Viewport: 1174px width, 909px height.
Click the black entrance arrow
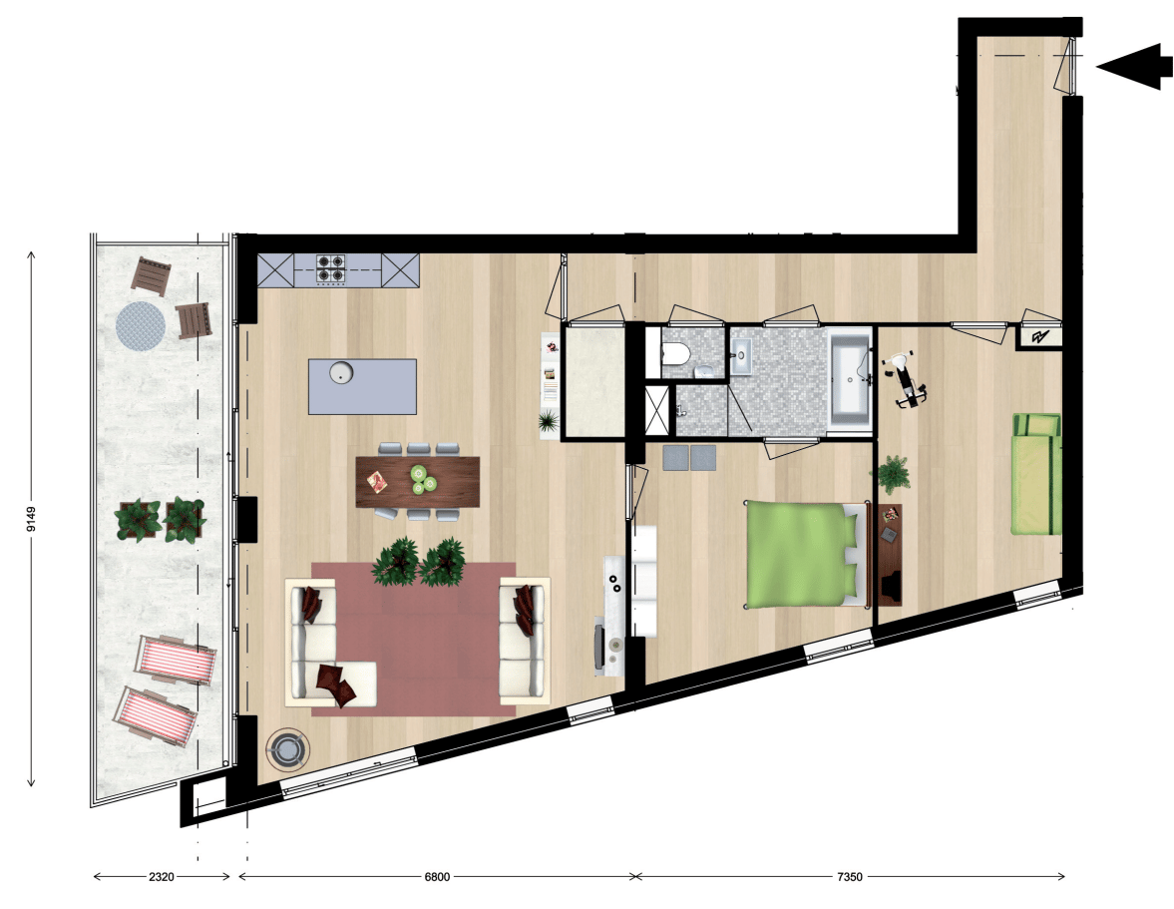(1134, 66)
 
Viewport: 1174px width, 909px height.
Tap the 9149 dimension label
(31, 518)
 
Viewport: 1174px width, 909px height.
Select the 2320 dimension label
(161, 876)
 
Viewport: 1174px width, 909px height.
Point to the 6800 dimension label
(437, 876)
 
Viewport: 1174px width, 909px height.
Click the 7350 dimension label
(849, 876)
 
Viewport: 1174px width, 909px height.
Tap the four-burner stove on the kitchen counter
(330, 268)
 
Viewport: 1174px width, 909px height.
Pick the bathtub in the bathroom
(850, 378)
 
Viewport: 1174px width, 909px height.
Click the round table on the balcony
(140, 325)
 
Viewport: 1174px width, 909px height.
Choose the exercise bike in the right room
(905, 379)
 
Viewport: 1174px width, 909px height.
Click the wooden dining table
(417, 482)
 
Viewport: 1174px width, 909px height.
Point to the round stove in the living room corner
(287, 748)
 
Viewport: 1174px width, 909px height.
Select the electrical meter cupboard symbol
(1039, 337)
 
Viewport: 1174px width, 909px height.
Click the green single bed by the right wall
(1037, 473)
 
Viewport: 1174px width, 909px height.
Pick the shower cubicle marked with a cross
(657, 409)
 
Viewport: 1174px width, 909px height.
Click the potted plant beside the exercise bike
(893, 474)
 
